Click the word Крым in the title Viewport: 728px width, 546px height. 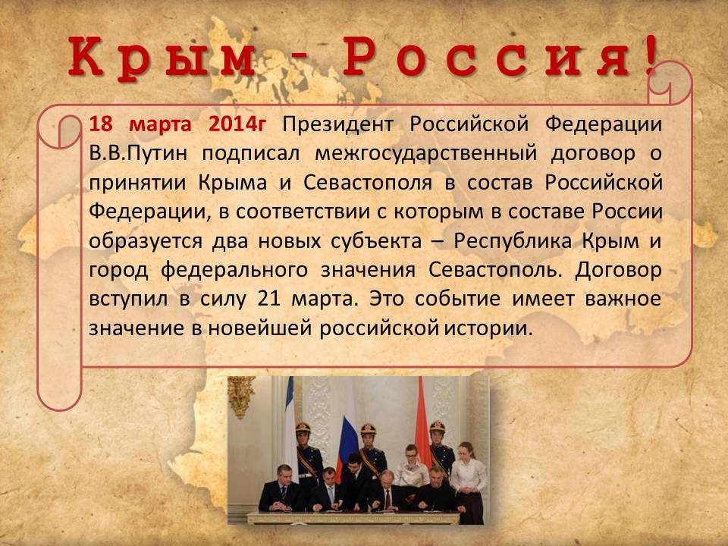[x=161, y=58]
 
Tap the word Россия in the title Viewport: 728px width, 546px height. [x=486, y=57]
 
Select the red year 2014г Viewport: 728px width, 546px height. [x=237, y=124]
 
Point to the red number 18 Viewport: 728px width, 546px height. [x=101, y=124]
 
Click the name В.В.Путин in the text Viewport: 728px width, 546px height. [x=138, y=153]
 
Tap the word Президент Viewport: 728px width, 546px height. [x=338, y=124]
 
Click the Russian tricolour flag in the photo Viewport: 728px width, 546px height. [x=347, y=445]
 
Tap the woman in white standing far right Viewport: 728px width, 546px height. [x=468, y=480]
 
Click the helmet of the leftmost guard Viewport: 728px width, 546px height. [x=303, y=428]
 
